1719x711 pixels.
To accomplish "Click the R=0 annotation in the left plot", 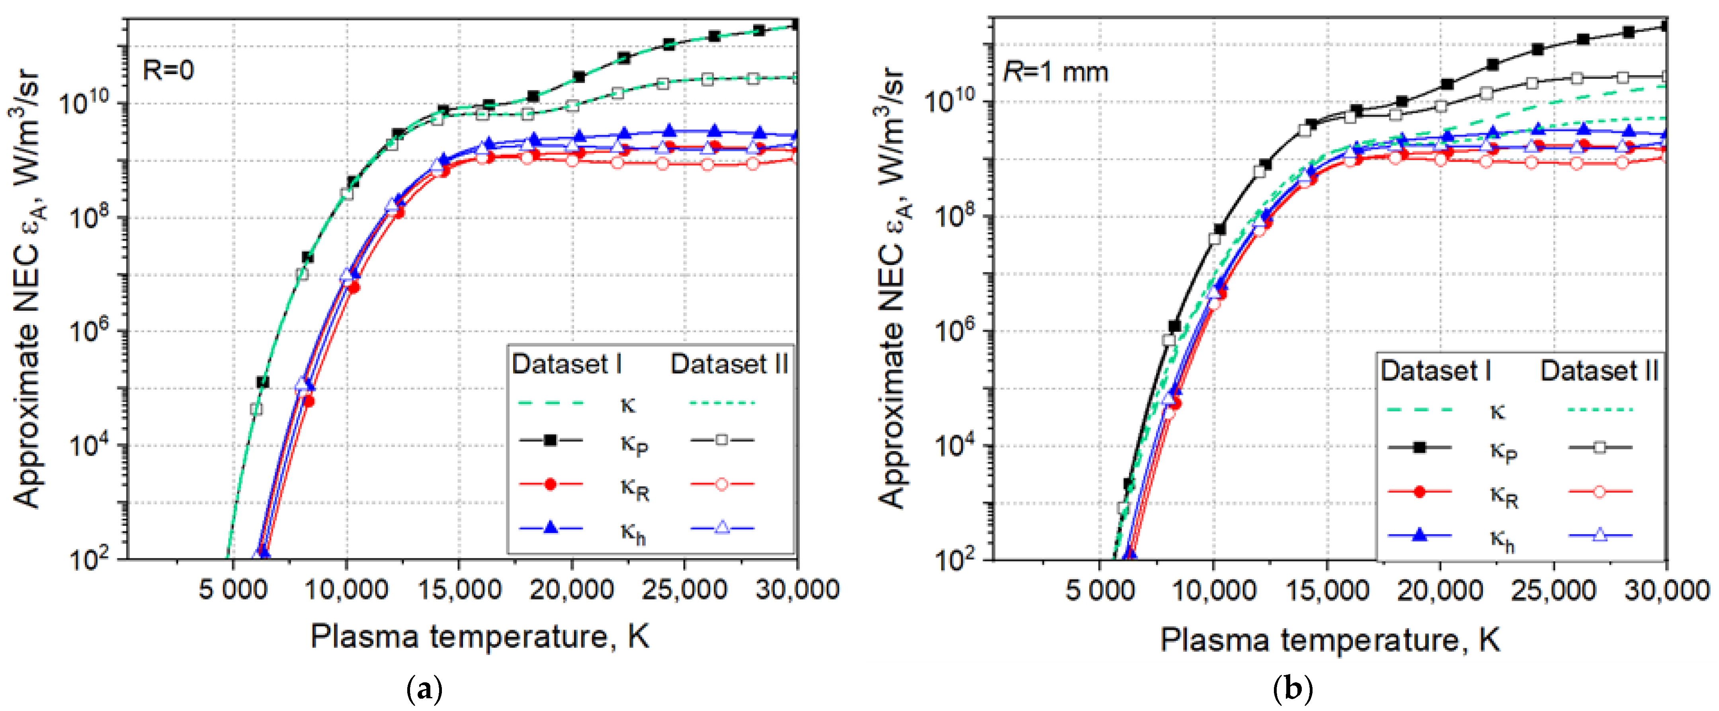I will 168,69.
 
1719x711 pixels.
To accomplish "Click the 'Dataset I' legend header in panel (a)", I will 566,364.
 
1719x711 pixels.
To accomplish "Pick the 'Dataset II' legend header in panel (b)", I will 1599,370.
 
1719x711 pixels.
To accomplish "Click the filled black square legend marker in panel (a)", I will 551,440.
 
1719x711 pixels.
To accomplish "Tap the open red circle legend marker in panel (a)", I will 721,484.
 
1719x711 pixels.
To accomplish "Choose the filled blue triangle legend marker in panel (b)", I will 1419,535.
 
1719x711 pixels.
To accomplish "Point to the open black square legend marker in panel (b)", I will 1600,447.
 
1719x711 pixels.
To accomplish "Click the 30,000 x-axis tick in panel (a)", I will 797,590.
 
